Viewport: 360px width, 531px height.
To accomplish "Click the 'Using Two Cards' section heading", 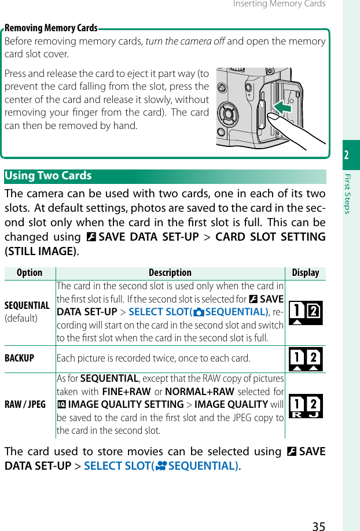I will coord(48,176).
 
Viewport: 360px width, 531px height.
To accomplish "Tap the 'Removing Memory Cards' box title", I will coord(51,28).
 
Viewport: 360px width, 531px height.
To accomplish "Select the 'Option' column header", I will coord(30,272).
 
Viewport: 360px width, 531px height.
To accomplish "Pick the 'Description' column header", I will coord(170,272).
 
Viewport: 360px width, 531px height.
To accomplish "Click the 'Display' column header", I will coord(306,272).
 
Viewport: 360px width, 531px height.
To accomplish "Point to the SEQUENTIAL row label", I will coord(27,305).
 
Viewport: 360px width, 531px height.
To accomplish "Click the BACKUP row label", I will coord(19,358).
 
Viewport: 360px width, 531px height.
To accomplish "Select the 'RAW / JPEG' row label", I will coord(25,404).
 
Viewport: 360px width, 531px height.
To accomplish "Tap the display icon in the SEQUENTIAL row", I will coord(306,313).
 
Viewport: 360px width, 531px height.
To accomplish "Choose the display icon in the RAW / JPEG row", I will coord(306,405).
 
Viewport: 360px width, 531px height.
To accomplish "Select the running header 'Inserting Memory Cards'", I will coord(279,4).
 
